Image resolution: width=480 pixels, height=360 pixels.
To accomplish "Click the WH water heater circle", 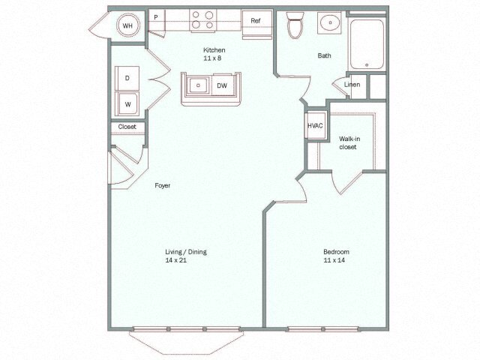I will (127, 25).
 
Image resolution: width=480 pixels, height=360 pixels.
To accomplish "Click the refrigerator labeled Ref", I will (256, 20).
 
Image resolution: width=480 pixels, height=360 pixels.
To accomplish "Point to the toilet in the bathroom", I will (295, 25).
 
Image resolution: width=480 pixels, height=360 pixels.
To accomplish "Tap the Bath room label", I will (324, 55).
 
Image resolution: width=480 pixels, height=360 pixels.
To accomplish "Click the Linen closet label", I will (352, 84).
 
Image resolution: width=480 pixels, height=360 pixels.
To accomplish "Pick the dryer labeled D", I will (127, 78).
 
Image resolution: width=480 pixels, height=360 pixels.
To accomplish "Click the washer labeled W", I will (127, 103).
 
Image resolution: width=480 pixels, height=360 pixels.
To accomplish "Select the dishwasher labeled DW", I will (223, 85).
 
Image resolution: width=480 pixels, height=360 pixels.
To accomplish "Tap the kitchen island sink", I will (198, 85).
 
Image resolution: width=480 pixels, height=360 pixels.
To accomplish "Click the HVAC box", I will (315, 125).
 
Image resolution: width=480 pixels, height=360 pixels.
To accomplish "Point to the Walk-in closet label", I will (347, 142).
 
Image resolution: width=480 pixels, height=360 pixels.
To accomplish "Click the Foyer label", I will (162, 184).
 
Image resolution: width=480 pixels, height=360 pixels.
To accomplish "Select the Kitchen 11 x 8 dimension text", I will (214, 61).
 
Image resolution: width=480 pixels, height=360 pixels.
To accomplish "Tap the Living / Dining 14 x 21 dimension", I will (185, 260).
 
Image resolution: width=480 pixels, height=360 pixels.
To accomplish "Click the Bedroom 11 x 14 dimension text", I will (336, 260).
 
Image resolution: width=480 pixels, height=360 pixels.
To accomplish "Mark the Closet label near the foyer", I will (127, 127).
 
